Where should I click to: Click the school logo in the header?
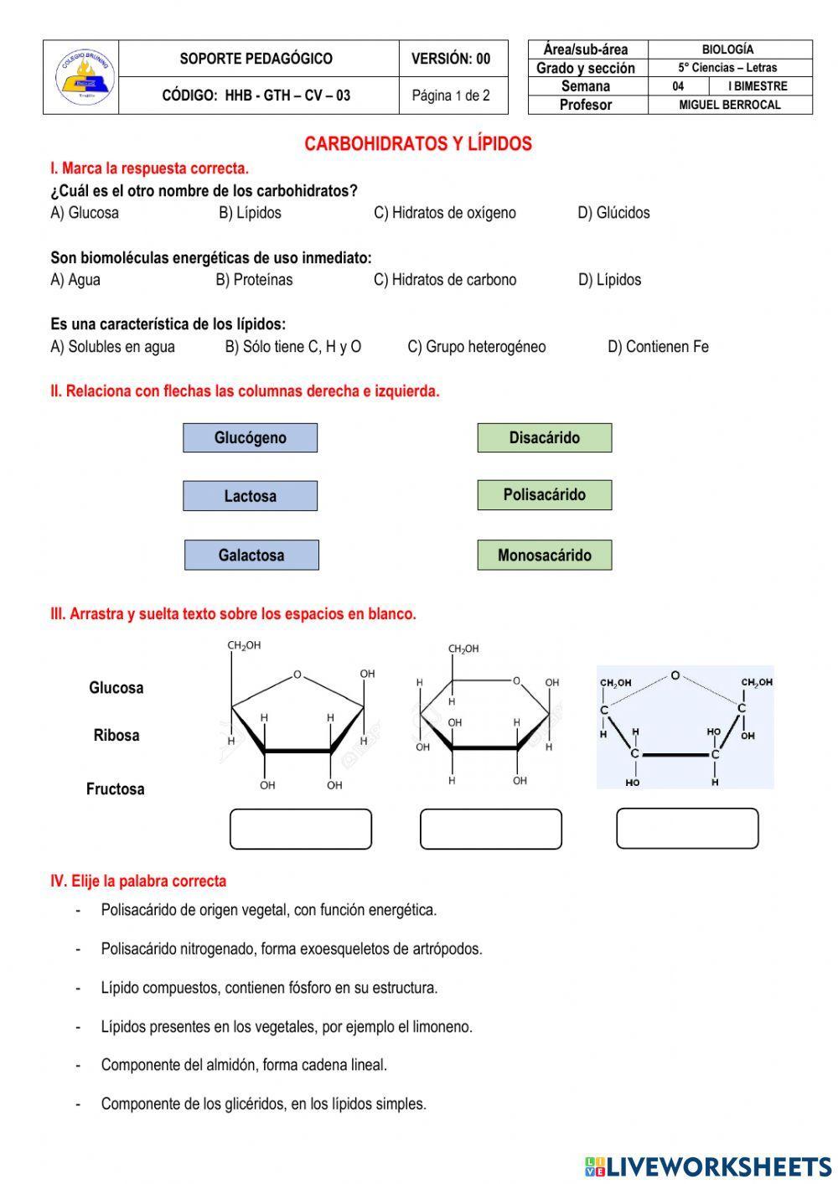tap(81, 77)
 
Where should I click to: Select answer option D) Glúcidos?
tap(613, 213)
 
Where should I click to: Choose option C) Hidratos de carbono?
tap(445, 280)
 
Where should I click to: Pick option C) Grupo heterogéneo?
tap(476, 347)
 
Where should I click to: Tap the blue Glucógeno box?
tap(250, 438)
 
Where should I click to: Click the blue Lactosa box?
tap(250, 496)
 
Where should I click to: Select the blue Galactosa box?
tap(251, 556)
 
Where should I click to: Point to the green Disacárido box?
tap(544, 438)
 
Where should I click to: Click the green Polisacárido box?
tap(544, 495)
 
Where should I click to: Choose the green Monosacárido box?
tap(544, 555)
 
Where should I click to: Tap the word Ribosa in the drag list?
tap(116, 736)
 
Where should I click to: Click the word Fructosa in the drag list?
tap(116, 789)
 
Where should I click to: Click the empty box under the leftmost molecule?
tap(300, 829)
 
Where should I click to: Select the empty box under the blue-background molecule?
tap(687, 828)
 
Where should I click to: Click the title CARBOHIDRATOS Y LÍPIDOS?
tap(418, 144)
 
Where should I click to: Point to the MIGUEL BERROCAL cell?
tap(729, 105)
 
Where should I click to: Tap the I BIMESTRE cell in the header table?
tap(759, 86)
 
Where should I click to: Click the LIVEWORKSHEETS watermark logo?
tap(709, 1166)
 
